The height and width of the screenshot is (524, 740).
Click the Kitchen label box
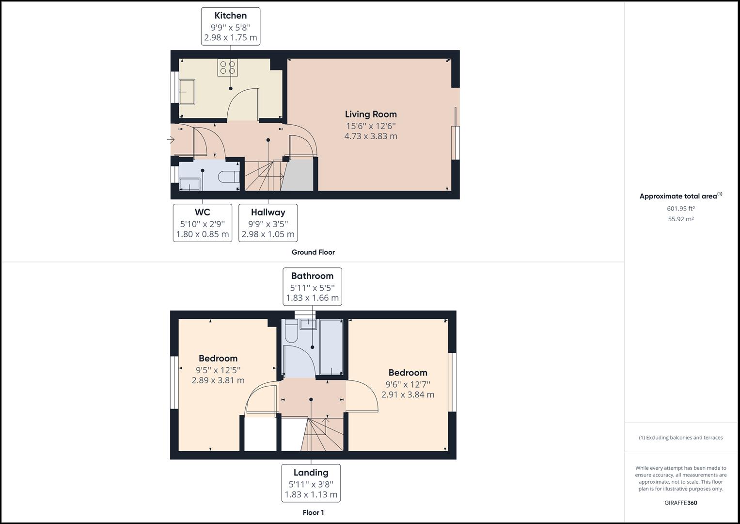click(231, 26)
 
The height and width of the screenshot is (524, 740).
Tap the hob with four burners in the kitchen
click(227, 67)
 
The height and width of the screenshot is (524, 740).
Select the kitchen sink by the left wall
click(187, 92)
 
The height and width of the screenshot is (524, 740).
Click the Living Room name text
click(371, 114)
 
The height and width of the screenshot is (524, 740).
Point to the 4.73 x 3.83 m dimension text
click(371, 136)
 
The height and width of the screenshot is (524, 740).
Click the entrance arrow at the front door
click(171, 140)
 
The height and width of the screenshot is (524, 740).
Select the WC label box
click(202, 223)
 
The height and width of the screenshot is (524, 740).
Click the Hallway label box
click(268, 223)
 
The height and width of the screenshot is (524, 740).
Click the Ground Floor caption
click(313, 252)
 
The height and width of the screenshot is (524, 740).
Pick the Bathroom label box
click(312, 286)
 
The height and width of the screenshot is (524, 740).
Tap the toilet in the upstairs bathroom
click(291, 333)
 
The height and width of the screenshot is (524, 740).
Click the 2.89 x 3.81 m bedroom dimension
click(218, 380)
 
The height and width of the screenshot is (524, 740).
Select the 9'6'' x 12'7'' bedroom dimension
click(408, 384)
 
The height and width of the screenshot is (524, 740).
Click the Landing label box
click(311, 483)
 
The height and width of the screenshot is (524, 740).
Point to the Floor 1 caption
click(313, 512)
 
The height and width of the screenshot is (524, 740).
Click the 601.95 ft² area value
click(680, 209)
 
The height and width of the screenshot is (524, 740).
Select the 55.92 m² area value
click(680, 219)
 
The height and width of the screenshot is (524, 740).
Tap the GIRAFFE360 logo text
click(680, 503)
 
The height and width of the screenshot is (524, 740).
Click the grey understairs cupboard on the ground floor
click(299, 176)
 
